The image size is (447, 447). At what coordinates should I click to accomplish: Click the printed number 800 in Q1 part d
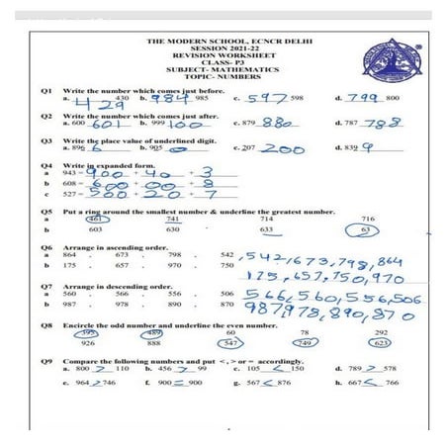click(x=393, y=99)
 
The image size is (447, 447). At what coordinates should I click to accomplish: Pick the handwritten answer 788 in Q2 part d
click(x=381, y=123)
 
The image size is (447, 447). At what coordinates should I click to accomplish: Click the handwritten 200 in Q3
click(x=284, y=148)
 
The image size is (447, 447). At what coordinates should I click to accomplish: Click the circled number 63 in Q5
click(x=367, y=228)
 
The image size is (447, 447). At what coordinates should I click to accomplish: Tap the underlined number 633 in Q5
click(x=266, y=228)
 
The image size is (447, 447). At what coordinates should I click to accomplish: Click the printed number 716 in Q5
click(x=368, y=218)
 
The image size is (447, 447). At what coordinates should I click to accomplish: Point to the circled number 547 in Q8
click(x=230, y=342)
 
